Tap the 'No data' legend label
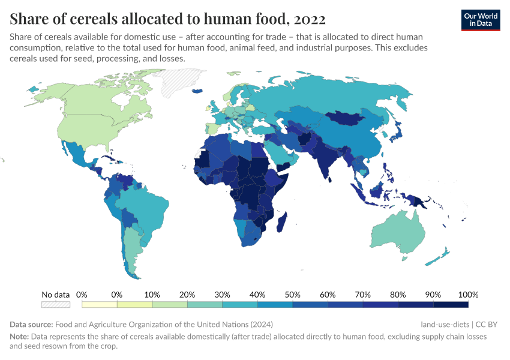tap(55, 295)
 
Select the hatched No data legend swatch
tap(55, 305)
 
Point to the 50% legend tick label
tap(292, 295)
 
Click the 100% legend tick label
tap(467, 295)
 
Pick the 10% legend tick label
tap(152, 295)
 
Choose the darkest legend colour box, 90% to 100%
tap(451, 305)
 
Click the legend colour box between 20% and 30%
tap(205, 305)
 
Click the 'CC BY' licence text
tap(487, 325)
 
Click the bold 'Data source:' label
tap(31, 325)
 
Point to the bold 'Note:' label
tap(19, 337)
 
